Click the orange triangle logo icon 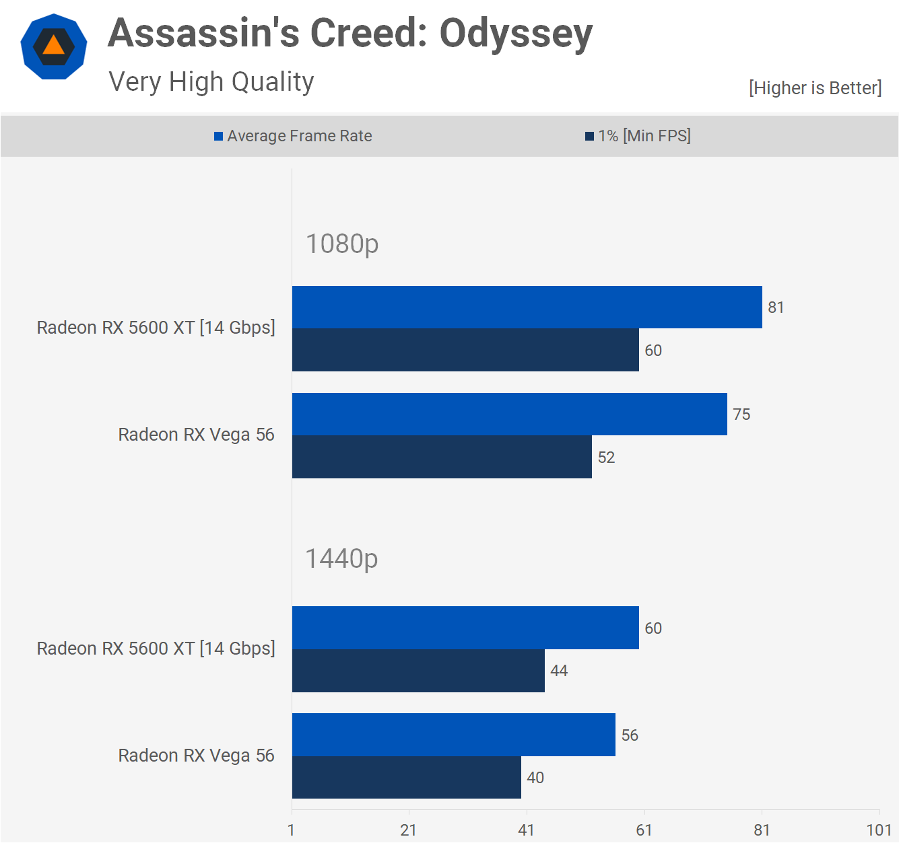pyautogui.click(x=54, y=46)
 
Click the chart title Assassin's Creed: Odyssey pyautogui.click(x=350, y=33)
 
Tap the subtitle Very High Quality pyautogui.click(x=211, y=82)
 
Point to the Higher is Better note pyautogui.click(x=815, y=88)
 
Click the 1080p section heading pyautogui.click(x=342, y=244)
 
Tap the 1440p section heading pyautogui.click(x=342, y=558)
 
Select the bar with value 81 pyautogui.click(x=527, y=307)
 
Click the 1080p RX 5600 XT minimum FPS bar pyautogui.click(x=465, y=350)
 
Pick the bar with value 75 pyautogui.click(x=509, y=414)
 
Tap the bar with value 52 pyautogui.click(x=442, y=457)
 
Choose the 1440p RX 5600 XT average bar pyautogui.click(x=465, y=628)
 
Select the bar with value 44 pyautogui.click(x=418, y=671)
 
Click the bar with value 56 pyautogui.click(x=453, y=735)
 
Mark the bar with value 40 pyautogui.click(x=406, y=778)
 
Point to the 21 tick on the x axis pyautogui.click(x=408, y=830)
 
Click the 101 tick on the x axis pyautogui.click(x=879, y=830)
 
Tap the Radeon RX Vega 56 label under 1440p pyautogui.click(x=196, y=756)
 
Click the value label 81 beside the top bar pyautogui.click(x=776, y=307)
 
